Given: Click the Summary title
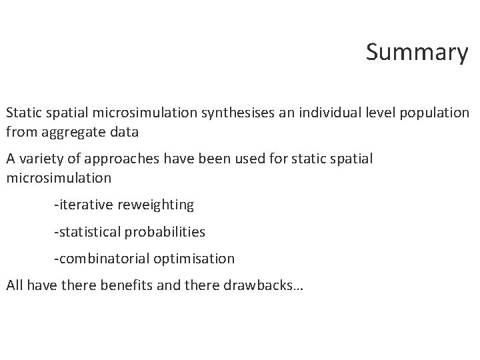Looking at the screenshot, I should [x=417, y=52].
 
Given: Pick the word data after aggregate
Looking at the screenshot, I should [x=124, y=131].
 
